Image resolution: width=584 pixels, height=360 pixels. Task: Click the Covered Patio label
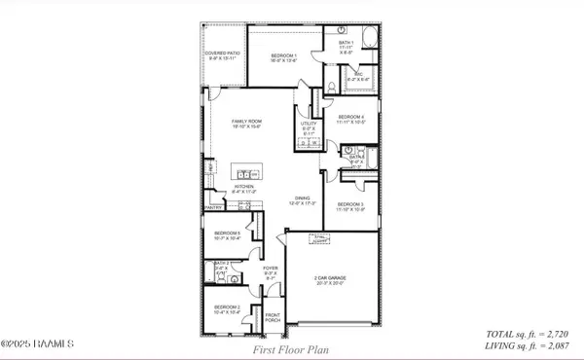click(222, 55)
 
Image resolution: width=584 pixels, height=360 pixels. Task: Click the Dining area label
click(302, 200)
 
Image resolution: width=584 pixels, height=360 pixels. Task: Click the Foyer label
click(272, 275)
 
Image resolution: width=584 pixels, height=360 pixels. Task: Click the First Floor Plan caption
click(288, 347)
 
